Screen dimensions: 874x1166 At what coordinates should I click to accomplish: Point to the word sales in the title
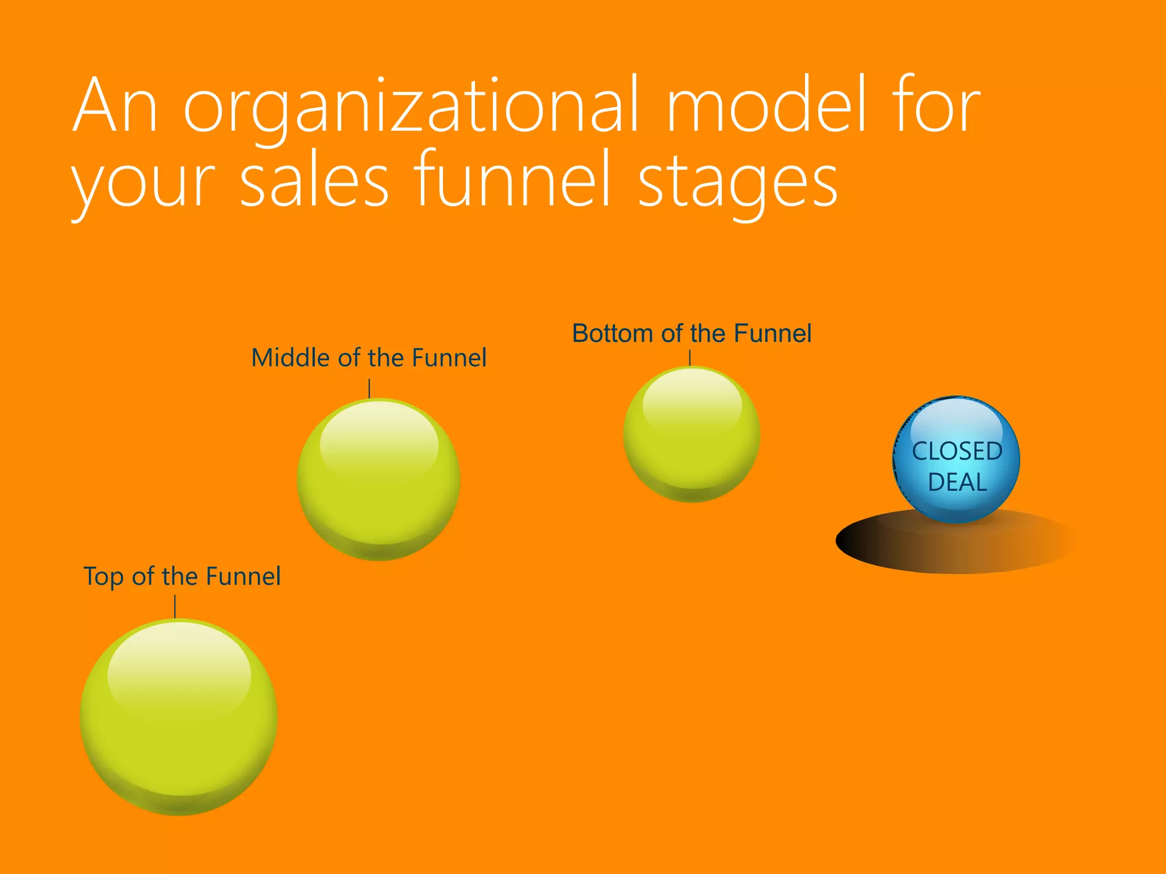(314, 181)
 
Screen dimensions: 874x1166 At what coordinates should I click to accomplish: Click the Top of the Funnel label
(182, 576)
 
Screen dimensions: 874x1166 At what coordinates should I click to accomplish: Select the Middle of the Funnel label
(369, 358)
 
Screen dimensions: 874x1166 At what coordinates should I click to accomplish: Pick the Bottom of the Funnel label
(691, 333)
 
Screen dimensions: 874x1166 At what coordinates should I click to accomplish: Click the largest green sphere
(179, 717)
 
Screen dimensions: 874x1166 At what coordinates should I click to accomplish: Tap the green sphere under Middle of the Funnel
(379, 480)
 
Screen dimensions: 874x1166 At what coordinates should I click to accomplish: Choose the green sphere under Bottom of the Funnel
(692, 435)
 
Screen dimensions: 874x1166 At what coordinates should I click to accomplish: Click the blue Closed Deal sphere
(956, 421)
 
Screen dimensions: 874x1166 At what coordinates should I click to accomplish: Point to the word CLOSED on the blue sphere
(957, 451)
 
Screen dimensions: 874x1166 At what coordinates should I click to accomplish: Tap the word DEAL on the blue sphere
(957, 483)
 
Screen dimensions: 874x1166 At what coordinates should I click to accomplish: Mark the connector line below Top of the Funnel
(175, 607)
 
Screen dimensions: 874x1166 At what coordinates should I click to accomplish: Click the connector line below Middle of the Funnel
(369, 389)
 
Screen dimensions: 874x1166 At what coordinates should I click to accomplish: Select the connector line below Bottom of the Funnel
(690, 358)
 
